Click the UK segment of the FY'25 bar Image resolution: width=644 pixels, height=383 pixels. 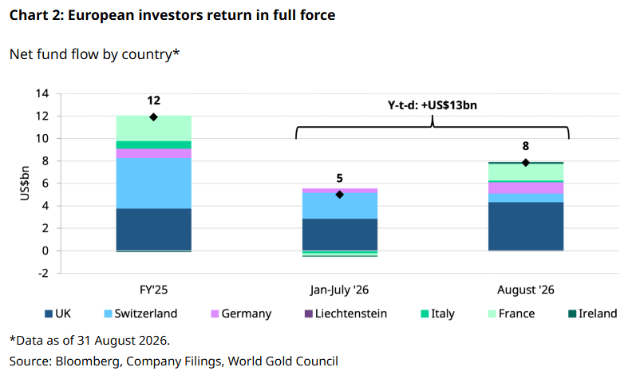(153, 229)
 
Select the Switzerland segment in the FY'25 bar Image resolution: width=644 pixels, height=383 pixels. (153, 183)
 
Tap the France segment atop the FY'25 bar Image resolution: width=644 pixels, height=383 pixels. (153, 128)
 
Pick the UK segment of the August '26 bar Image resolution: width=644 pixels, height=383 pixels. (526, 226)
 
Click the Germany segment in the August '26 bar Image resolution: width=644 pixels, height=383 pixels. (526, 188)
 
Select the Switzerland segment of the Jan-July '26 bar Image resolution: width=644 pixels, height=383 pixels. (340, 206)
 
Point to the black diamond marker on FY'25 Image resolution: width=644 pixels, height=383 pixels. (153, 117)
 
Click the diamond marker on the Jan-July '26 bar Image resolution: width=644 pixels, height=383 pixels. (340, 195)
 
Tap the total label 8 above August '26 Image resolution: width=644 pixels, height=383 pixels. (526, 146)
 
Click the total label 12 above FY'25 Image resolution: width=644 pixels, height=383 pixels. (153, 101)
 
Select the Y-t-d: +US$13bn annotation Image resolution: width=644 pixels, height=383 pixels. (433, 105)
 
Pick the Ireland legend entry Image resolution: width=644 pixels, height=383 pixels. (593, 314)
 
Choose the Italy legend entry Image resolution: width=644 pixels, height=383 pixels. (438, 314)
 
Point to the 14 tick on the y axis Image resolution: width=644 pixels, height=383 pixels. (42, 93)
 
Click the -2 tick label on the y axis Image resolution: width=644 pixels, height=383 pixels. (43, 273)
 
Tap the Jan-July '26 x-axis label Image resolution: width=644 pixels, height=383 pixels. (340, 290)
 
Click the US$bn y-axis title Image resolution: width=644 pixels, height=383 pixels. (25, 183)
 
